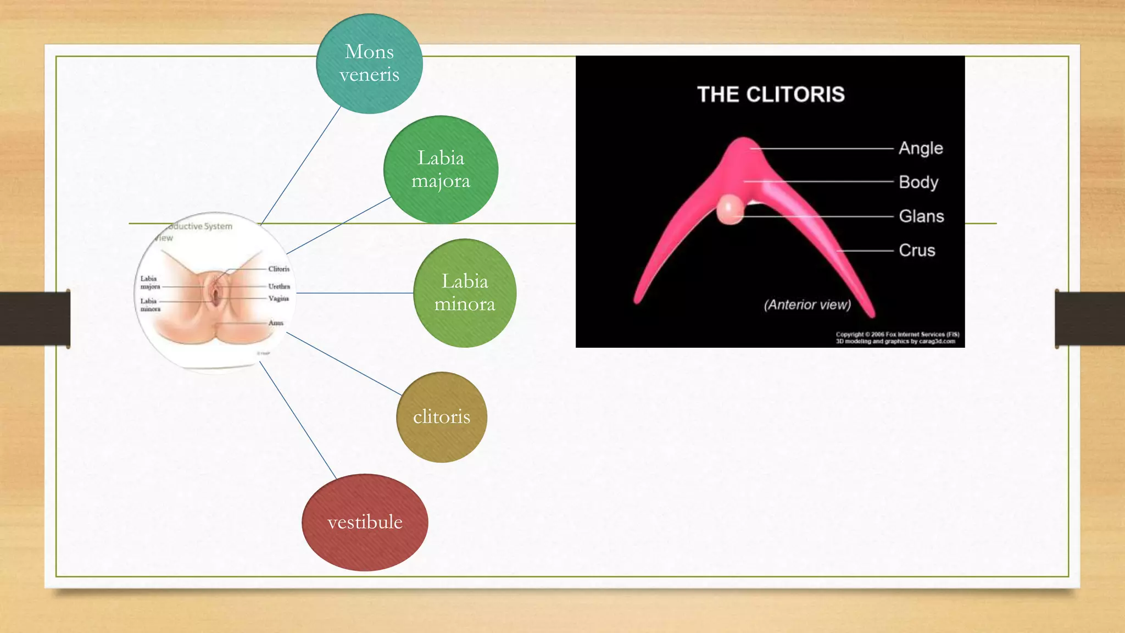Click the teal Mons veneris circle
[369, 64]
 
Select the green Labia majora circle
[441, 170]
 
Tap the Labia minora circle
[465, 293]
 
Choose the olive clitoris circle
[442, 417]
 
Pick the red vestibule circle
[365, 522]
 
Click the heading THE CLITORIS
[771, 95]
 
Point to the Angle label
[921, 148]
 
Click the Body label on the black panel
[918, 182]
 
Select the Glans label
[921, 216]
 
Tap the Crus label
[917, 251]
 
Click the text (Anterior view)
[807, 305]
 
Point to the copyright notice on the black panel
[897, 338]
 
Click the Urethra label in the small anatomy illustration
[279, 286]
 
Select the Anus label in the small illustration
[276, 323]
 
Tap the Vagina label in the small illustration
[279, 298]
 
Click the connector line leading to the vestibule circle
[297, 420]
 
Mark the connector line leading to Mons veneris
[301, 165]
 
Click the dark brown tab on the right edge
[1090, 319]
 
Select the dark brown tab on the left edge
[35, 319]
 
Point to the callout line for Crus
[865, 251]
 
